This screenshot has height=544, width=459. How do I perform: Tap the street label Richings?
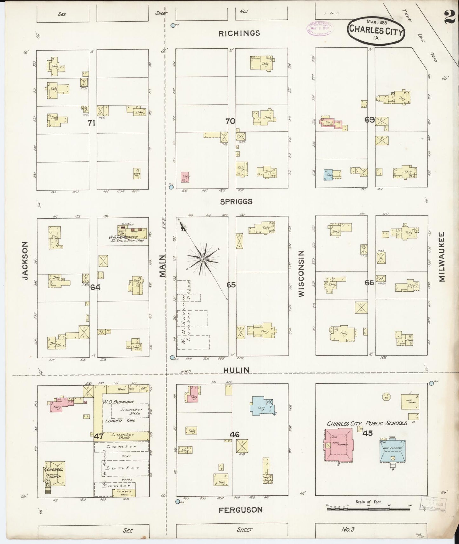point(239,33)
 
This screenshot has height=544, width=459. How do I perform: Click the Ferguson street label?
point(240,510)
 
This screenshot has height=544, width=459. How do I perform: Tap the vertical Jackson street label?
point(26,261)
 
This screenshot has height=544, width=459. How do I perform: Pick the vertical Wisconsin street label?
point(301,273)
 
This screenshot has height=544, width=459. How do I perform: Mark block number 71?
point(91,123)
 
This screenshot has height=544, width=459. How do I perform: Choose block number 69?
point(369,120)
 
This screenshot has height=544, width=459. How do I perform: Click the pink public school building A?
point(338,444)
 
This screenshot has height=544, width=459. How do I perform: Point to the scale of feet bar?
point(368,509)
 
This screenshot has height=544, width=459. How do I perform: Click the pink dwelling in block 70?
point(185,177)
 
